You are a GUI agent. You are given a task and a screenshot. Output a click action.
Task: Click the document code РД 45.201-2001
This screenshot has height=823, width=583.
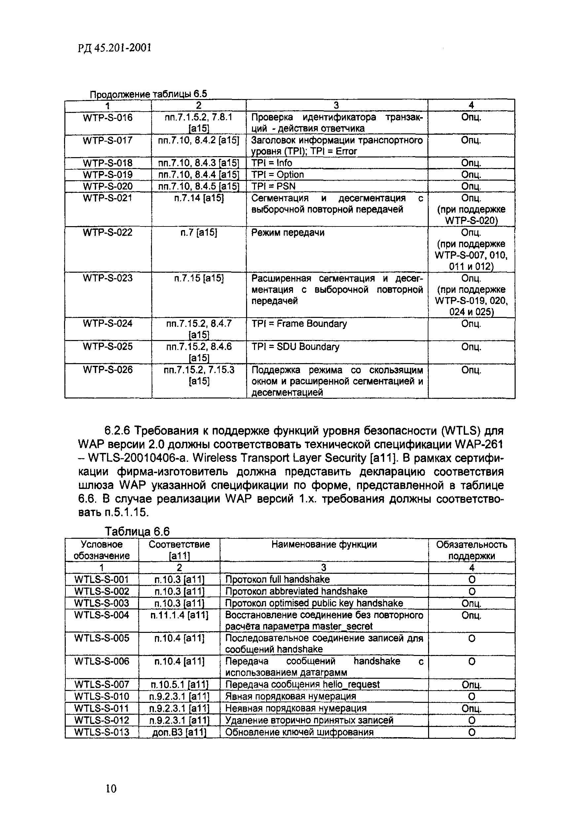tap(115, 48)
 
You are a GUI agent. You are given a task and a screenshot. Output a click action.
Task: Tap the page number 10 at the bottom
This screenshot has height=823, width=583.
tap(111, 789)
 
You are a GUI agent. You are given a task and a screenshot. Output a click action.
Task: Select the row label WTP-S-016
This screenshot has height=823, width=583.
tap(108, 118)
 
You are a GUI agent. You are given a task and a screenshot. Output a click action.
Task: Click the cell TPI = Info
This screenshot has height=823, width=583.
tap(272, 163)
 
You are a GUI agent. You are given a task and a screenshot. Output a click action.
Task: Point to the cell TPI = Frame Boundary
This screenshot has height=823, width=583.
tap(299, 324)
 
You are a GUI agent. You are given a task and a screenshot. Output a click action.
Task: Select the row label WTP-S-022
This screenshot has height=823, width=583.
tap(108, 232)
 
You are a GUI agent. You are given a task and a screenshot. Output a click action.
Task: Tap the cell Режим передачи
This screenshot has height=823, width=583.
tap(288, 232)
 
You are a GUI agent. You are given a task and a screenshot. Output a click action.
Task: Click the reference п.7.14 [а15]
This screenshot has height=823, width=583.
tap(199, 198)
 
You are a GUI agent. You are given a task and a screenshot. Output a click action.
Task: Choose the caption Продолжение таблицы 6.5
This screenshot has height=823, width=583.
tap(148, 94)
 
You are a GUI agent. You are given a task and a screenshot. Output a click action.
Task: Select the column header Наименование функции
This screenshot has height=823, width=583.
tap(324, 545)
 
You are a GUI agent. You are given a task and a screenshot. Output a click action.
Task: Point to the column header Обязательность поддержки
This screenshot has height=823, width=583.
tap(471, 550)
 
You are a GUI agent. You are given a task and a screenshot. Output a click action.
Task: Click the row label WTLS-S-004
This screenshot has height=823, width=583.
tap(102, 615)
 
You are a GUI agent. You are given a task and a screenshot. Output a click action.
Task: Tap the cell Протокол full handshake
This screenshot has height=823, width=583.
tap(277, 579)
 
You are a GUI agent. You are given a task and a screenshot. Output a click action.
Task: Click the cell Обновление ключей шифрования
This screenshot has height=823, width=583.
tap(299, 732)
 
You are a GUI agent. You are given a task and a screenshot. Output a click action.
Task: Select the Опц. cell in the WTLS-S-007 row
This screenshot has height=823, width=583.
tap(471, 685)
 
